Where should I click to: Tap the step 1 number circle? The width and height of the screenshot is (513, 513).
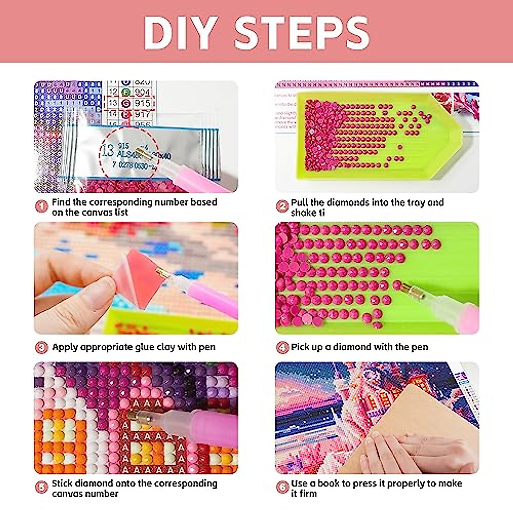[x=41, y=207]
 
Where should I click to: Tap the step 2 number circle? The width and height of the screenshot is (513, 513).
[x=282, y=207]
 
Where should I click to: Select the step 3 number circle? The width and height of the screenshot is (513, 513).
[x=41, y=347]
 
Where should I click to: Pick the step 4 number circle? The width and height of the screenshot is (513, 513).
[x=282, y=347]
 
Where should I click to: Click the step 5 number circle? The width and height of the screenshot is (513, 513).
[x=41, y=487]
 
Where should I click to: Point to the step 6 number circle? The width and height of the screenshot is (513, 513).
[x=282, y=487]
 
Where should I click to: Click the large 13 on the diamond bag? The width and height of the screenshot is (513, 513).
[x=108, y=150]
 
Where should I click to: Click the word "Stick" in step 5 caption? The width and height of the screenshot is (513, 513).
[x=62, y=483]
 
